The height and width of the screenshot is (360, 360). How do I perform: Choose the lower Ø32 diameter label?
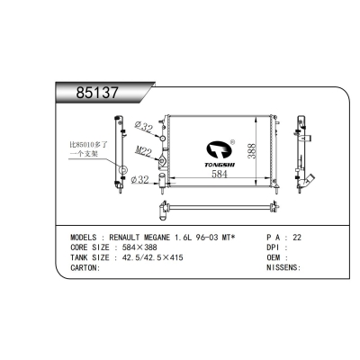tap(140, 180)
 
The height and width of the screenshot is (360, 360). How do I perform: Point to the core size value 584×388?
tap(143, 247)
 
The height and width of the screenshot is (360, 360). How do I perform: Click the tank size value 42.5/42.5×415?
tap(155, 256)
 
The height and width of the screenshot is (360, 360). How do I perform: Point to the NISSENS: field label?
tap(285, 267)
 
